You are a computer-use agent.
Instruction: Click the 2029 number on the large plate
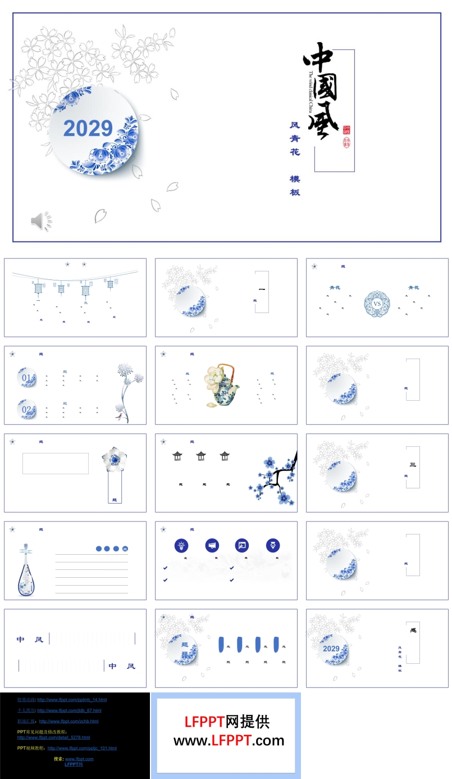click(88, 129)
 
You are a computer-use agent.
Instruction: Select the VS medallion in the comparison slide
click(377, 304)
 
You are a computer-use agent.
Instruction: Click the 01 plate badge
click(28, 378)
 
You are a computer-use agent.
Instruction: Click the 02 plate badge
click(28, 409)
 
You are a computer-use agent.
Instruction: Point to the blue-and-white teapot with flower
click(222, 385)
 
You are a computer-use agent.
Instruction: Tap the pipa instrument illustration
click(25, 570)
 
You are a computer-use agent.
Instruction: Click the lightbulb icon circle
click(181, 545)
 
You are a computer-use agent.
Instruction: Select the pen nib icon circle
click(273, 545)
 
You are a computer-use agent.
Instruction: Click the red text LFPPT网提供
click(227, 722)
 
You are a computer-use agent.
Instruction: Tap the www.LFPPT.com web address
click(229, 741)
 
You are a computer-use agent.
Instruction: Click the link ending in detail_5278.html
click(53, 737)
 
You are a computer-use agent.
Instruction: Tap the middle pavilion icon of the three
click(201, 456)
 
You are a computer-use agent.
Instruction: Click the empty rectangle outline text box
click(56, 463)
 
